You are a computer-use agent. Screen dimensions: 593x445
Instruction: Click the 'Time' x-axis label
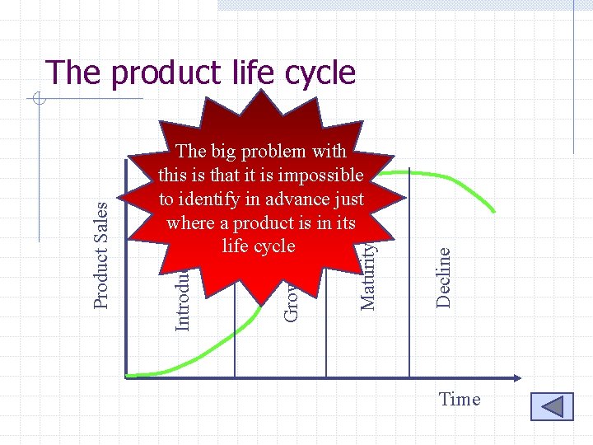point(459,400)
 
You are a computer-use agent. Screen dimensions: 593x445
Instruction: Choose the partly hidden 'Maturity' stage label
point(369,276)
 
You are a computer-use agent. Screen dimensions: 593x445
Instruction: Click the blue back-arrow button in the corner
point(551,407)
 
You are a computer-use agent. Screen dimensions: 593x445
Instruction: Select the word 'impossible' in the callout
point(322,176)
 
